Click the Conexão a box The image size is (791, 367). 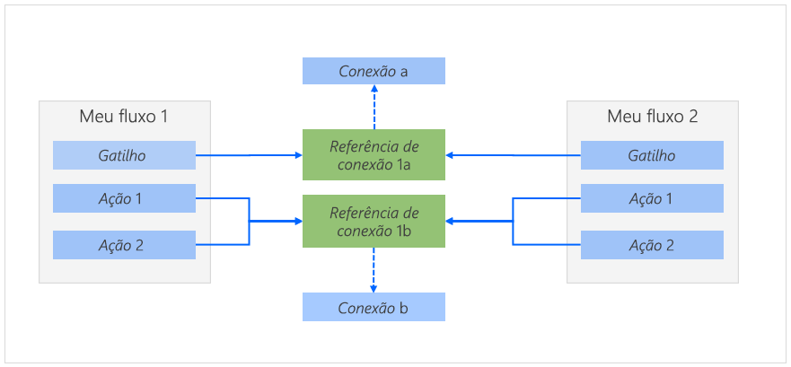click(x=374, y=71)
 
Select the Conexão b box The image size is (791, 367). click(x=374, y=308)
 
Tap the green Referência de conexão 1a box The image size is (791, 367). click(x=374, y=154)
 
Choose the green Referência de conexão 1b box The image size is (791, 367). click(x=374, y=221)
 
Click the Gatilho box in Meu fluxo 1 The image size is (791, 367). click(x=124, y=155)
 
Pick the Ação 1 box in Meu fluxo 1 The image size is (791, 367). click(x=124, y=198)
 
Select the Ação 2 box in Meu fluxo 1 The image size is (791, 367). click(x=124, y=244)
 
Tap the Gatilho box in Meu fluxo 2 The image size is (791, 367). click(x=652, y=155)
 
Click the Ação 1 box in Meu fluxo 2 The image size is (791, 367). click(x=652, y=198)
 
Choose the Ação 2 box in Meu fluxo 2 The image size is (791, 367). click(x=652, y=244)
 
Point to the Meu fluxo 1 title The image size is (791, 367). click(x=124, y=117)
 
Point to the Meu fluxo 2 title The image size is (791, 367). click(x=652, y=117)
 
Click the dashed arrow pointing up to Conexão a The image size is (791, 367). click(x=374, y=107)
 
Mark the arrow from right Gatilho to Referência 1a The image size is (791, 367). click(x=513, y=155)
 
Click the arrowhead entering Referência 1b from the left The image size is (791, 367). click(x=297, y=221)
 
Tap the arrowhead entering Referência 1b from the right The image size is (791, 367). click(x=451, y=221)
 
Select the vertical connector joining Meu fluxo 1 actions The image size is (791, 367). click(x=249, y=221)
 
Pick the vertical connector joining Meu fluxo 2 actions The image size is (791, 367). click(x=513, y=221)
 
